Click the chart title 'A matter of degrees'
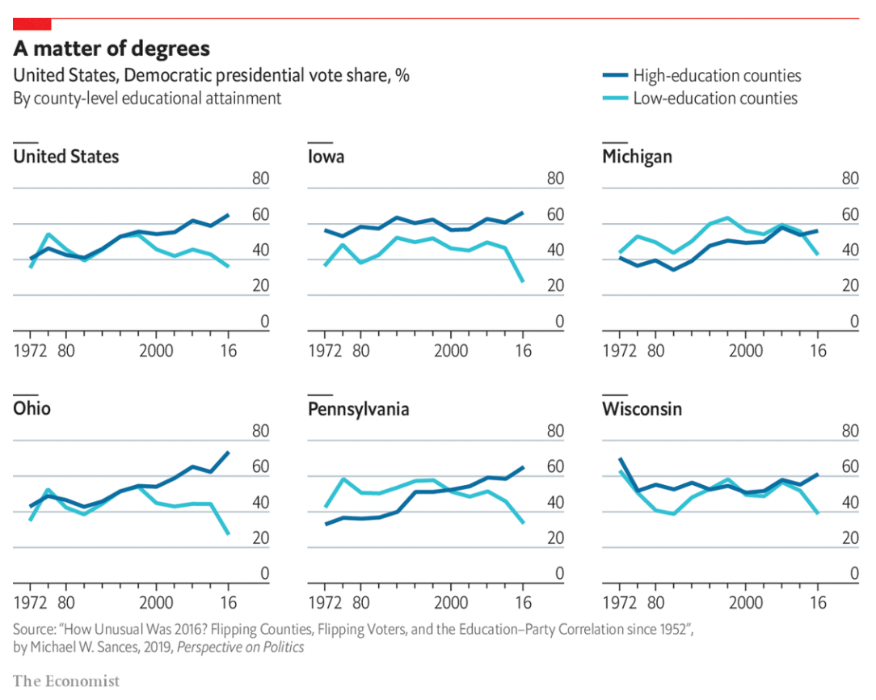[112, 48]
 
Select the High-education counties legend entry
[717, 76]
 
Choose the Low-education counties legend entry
[715, 99]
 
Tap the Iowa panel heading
[326, 157]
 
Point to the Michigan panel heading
[637, 157]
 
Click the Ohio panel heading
[32, 409]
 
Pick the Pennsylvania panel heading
[359, 409]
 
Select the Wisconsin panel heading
[642, 409]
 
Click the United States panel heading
[66, 157]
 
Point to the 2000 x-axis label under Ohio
[156, 603]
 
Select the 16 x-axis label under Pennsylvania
[523, 603]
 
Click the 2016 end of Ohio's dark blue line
[229, 452]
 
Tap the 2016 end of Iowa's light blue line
[523, 281]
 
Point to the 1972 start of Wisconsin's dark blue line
[620, 459]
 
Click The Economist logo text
[66, 681]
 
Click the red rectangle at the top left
[32, 24]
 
